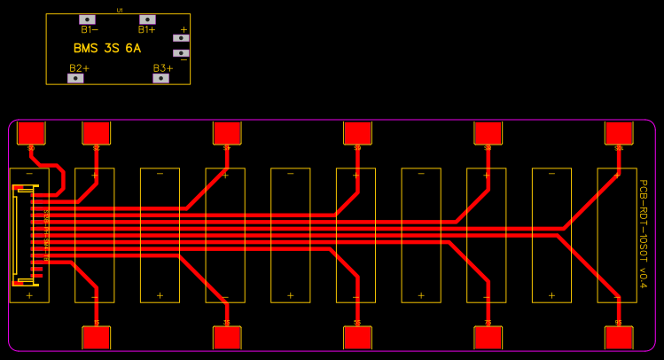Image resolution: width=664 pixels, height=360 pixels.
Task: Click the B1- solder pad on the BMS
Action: pyautogui.click(x=87, y=19)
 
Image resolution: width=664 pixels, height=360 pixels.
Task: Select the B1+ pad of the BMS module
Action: pyautogui.click(x=147, y=19)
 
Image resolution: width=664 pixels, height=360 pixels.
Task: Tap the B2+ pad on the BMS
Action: pyautogui.click(x=76, y=78)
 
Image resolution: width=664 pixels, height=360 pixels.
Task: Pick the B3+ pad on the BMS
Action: pyautogui.click(x=160, y=78)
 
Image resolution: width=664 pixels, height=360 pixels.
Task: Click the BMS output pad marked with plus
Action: pyautogui.click(x=181, y=38)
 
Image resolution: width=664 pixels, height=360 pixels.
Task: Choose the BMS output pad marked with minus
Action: pyautogui.click(x=181, y=53)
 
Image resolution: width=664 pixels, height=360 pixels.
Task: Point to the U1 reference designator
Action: pyautogui.click(x=119, y=11)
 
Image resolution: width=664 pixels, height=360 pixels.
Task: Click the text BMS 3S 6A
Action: pyautogui.click(x=107, y=49)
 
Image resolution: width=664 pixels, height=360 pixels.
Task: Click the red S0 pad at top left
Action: pyautogui.click(x=31, y=132)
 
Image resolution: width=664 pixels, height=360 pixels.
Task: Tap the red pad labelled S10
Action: pyautogui.click(x=619, y=132)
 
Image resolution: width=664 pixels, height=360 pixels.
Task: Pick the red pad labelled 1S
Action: pyautogui.click(x=96, y=338)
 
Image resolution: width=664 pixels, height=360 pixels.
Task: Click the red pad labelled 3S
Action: pyautogui.click(x=227, y=338)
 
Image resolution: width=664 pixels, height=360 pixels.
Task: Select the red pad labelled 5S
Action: pyautogui.click(x=357, y=338)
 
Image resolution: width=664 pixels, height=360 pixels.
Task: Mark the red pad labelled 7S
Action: pyautogui.click(x=488, y=338)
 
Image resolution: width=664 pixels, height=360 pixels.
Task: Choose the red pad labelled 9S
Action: pyautogui.click(x=619, y=338)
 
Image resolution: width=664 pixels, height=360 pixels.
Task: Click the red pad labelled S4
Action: pyautogui.click(x=227, y=132)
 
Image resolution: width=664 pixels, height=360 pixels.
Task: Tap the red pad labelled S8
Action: pyautogui.click(x=488, y=132)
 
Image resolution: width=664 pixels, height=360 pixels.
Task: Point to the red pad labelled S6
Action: pyautogui.click(x=357, y=132)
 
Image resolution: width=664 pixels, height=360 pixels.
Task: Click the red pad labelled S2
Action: pyautogui.click(x=96, y=132)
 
